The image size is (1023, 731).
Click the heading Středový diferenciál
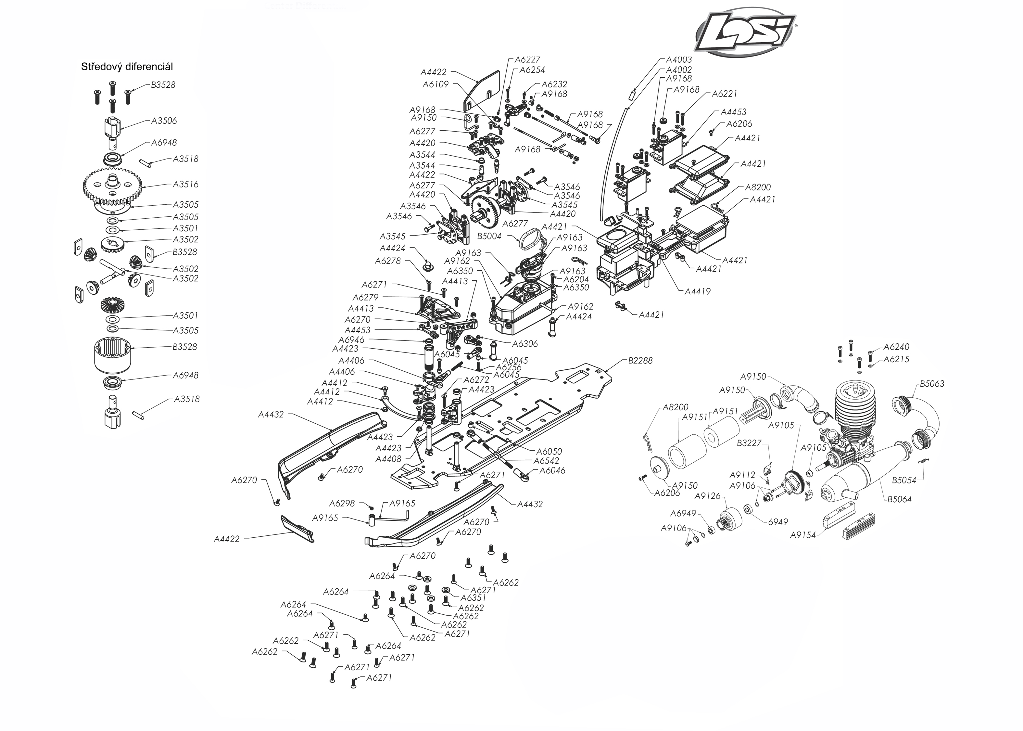tap(127, 67)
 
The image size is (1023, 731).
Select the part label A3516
tap(185, 184)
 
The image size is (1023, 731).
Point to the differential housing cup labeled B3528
tap(112, 356)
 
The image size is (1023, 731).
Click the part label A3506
tap(164, 121)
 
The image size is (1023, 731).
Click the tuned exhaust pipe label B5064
tap(899, 499)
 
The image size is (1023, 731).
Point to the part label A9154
tap(802, 535)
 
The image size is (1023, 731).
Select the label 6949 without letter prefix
tap(778, 522)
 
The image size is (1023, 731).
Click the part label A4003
tap(679, 59)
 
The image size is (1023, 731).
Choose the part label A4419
tap(697, 291)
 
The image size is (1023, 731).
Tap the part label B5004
tap(489, 236)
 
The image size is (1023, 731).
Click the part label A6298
tap(342, 503)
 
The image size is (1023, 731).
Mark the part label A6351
tap(473, 598)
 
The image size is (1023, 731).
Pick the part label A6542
tap(546, 460)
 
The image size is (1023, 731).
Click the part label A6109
tap(435, 84)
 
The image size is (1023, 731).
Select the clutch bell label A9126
tap(708, 496)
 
